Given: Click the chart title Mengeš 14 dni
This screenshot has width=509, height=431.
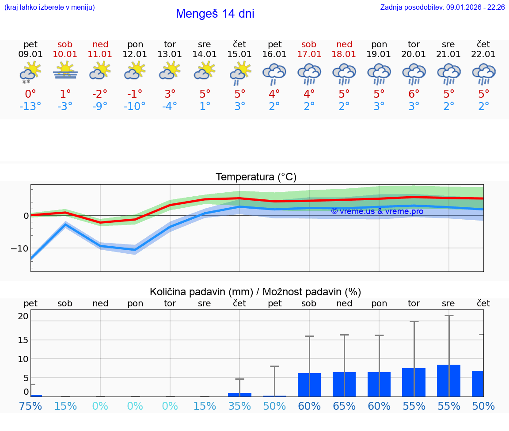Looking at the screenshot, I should point(215,14).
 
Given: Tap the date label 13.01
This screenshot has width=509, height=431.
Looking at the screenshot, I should point(170,54).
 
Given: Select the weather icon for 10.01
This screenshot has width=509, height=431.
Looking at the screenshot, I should point(65,70).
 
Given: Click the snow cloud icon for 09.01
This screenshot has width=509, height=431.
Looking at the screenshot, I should point(30,72).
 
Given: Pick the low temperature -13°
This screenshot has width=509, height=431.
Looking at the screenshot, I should point(30,107).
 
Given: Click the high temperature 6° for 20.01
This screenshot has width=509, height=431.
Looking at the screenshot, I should point(414,94).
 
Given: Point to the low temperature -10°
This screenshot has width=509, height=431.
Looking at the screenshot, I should point(135,107).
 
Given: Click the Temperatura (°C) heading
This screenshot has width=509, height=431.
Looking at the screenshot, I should point(256,177).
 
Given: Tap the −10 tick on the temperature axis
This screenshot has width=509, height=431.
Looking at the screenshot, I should point(19,248).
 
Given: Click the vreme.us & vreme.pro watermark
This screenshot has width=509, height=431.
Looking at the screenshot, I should point(377,211).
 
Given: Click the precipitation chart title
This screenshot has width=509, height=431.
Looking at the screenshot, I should point(255,292).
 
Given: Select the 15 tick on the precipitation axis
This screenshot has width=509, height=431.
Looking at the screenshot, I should point(23,340).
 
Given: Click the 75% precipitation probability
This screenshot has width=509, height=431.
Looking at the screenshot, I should point(30,406).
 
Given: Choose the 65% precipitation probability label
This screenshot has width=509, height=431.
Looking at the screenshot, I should point(344,406).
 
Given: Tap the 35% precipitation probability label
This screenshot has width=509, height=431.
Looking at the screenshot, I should point(239,406).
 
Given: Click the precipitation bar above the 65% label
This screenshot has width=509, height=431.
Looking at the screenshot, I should point(344,384).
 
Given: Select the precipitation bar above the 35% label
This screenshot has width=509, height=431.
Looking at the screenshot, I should point(239,394).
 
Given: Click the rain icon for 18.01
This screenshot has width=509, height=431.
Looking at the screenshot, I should point(344,73).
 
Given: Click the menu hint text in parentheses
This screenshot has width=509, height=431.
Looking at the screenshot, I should point(49,8).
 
